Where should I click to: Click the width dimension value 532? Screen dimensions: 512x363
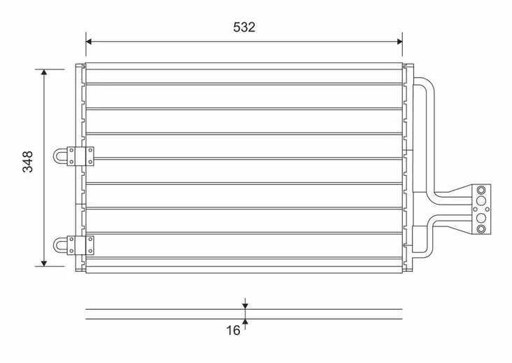pyautogui.click(x=244, y=27)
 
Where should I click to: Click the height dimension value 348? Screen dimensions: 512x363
pyautogui.click(x=28, y=162)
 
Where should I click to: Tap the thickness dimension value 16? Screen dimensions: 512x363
pyautogui.click(x=233, y=331)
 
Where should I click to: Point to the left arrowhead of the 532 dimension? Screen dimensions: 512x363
pyautogui.click(x=89, y=41)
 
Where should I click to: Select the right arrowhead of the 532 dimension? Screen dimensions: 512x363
pyautogui.click(x=399, y=41)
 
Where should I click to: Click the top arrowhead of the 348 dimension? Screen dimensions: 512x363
pyautogui.click(x=44, y=72)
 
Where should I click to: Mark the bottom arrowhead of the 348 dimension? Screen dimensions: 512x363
pyautogui.click(x=44, y=263)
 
